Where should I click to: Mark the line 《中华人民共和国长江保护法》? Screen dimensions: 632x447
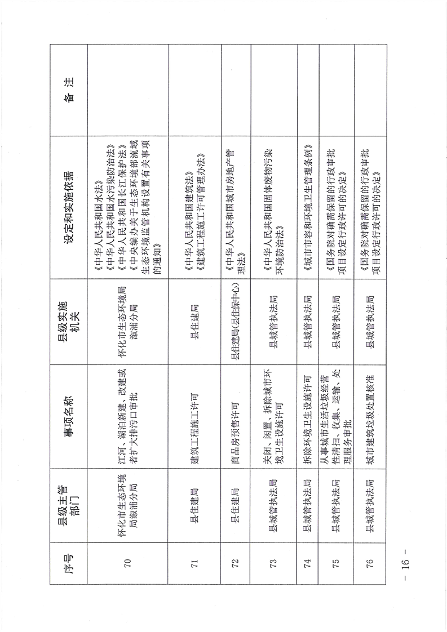click(121, 207)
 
